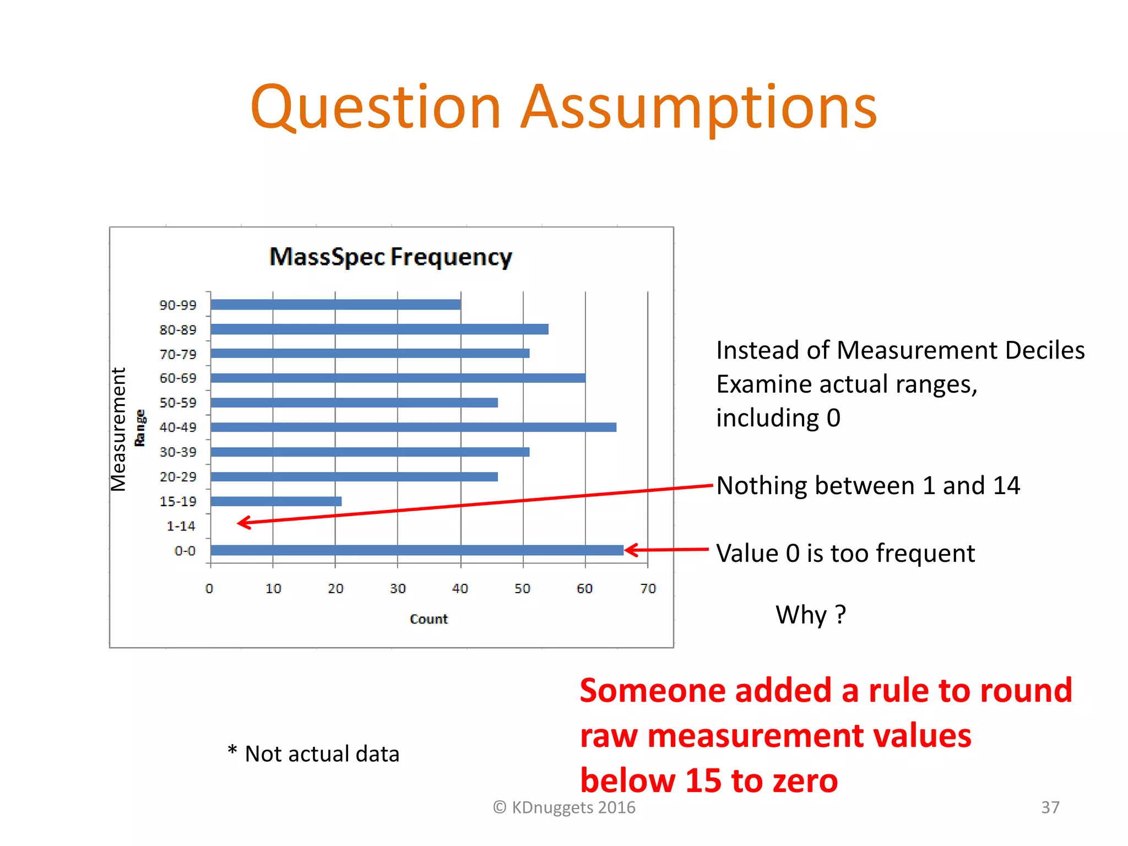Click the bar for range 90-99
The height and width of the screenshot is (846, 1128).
coord(335,305)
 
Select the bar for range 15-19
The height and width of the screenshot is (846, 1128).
coord(276,501)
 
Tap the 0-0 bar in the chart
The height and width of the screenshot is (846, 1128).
coord(417,550)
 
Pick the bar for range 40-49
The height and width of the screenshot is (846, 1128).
coord(413,427)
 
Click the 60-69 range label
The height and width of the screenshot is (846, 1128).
coord(177,378)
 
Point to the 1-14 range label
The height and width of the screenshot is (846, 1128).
coord(181,526)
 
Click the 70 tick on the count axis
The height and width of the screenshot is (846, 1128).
coord(648,589)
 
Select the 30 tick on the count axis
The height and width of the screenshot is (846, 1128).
coord(398,589)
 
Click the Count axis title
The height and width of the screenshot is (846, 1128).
coord(429,619)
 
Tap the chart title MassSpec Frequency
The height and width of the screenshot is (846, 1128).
coord(391,257)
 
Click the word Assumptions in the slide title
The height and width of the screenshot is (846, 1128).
coord(698,107)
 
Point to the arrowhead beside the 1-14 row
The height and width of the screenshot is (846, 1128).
coord(243,523)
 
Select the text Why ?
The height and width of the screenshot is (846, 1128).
coord(810,615)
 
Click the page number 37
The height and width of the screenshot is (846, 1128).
coord(1050,807)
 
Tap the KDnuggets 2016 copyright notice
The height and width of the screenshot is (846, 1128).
coord(564,807)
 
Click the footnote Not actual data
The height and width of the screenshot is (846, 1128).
coord(322,754)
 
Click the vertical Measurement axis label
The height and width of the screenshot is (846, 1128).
coord(118,429)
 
